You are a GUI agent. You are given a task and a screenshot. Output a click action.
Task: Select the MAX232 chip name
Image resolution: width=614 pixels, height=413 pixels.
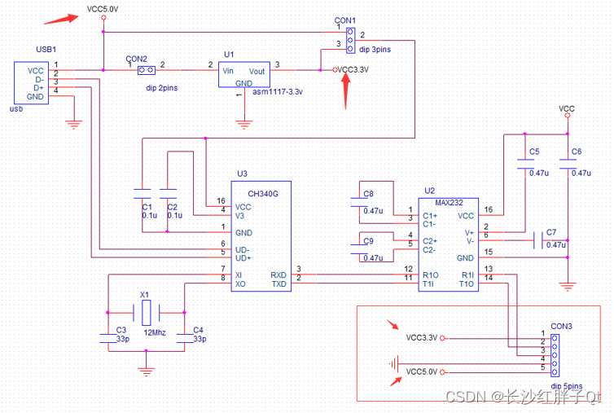[x=449, y=202]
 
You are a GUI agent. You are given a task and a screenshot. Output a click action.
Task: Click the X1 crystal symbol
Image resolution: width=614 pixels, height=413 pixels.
[x=147, y=311]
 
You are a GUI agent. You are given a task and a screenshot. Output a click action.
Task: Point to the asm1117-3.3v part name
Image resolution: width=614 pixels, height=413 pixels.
[x=277, y=92]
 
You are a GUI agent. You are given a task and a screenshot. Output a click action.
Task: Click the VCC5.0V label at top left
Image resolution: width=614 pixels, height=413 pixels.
[x=102, y=9]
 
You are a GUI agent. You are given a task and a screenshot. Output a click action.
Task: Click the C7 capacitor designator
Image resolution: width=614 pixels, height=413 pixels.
[x=551, y=232]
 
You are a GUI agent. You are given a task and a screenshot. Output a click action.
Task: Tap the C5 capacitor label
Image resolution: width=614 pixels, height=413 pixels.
[x=533, y=152]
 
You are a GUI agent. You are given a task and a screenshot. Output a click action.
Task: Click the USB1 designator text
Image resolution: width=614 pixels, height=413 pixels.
[x=46, y=51]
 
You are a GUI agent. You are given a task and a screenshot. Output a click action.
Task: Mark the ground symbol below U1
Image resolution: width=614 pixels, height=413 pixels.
[x=243, y=124]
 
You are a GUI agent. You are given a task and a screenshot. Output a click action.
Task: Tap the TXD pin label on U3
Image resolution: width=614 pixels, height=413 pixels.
[x=278, y=284]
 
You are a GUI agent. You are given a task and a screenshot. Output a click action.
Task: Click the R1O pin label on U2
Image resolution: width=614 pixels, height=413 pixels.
[x=432, y=275]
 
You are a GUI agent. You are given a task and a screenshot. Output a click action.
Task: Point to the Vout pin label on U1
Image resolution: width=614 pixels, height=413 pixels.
[x=257, y=71]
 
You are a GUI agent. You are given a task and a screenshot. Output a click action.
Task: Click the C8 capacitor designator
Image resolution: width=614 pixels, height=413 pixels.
[x=368, y=194]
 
